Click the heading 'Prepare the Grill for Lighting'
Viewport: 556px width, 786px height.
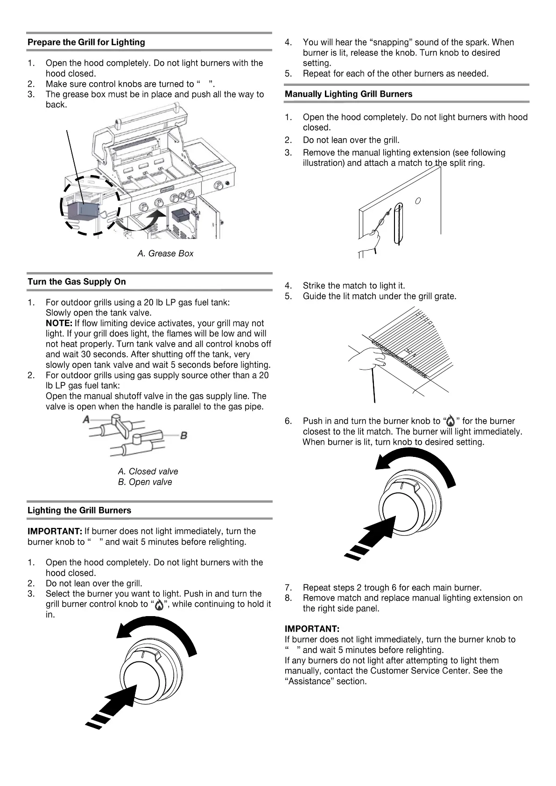click(x=86, y=42)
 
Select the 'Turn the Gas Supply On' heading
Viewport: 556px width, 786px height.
click(x=77, y=282)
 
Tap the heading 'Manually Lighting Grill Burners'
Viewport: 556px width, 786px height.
click(x=348, y=94)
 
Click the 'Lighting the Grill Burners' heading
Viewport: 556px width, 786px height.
click(x=79, y=511)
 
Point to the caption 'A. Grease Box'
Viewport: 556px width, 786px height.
click(x=165, y=253)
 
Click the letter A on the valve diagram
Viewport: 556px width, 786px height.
click(x=86, y=420)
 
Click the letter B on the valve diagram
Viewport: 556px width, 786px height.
click(x=183, y=435)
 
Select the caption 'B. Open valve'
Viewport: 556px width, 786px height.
click(x=145, y=482)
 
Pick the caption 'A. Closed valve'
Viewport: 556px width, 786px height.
click(x=148, y=471)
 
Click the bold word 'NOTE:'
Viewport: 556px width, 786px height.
click(x=59, y=323)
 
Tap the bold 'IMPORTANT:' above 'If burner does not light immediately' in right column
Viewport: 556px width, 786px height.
click(x=312, y=629)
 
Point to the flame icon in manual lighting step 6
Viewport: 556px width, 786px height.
click(x=450, y=421)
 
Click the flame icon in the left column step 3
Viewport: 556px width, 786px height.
click(x=159, y=605)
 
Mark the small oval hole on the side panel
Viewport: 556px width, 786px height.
click(x=418, y=201)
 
